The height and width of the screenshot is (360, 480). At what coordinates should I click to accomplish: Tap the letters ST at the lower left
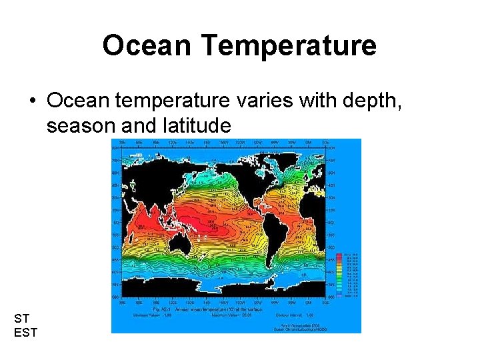pos(21,319)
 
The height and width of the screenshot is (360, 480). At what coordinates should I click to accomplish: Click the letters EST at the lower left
pos(26,332)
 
